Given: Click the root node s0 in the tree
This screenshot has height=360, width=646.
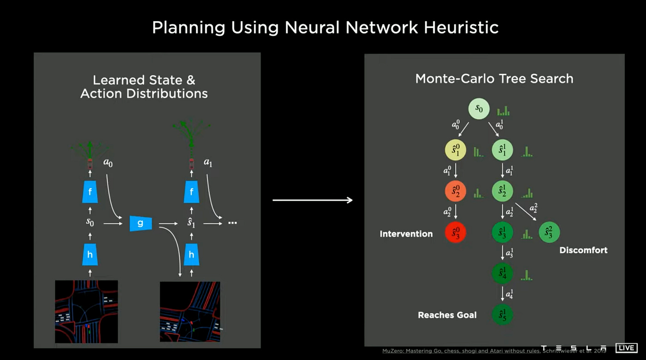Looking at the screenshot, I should coord(479,109).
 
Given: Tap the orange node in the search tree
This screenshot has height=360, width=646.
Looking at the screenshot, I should coord(455,191).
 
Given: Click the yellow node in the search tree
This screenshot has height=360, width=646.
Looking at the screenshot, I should coord(455,150).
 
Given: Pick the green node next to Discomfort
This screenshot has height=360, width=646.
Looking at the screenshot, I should coord(549,233).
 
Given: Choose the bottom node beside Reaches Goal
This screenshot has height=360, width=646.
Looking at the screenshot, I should coord(502,315).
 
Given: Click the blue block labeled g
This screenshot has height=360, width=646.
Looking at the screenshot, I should coord(140,223).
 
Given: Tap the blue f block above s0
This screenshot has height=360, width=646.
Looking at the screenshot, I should coord(90,192).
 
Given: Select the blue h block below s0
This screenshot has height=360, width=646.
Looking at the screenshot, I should coord(90,254).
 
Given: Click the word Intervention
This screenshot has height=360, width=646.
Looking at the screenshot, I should coord(406,234).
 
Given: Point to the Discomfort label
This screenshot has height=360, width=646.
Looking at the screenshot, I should coord(583,250).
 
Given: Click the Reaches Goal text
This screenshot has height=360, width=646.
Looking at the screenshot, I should coord(447,315).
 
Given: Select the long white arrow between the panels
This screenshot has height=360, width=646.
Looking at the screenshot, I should coord(312,200).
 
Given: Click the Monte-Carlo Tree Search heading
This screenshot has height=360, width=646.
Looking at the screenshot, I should coord(494,78).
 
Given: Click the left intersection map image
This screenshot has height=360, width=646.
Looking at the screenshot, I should coord(86,312).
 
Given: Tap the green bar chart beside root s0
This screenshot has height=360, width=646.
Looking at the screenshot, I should coord(503,111).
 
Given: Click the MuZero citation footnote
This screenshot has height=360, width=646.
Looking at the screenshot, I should coord(494,351).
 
